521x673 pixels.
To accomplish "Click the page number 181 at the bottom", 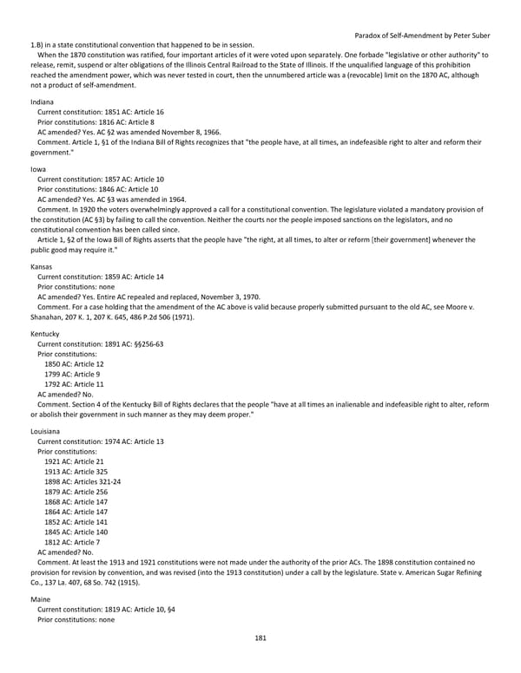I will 260,638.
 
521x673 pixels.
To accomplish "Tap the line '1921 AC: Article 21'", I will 73,461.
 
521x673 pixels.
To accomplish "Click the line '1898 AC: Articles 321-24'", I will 82,481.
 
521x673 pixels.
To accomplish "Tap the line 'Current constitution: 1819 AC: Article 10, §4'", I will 106,610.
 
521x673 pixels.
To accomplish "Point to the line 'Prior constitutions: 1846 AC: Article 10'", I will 96,189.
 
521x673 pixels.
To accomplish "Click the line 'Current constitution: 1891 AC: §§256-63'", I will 100,343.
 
